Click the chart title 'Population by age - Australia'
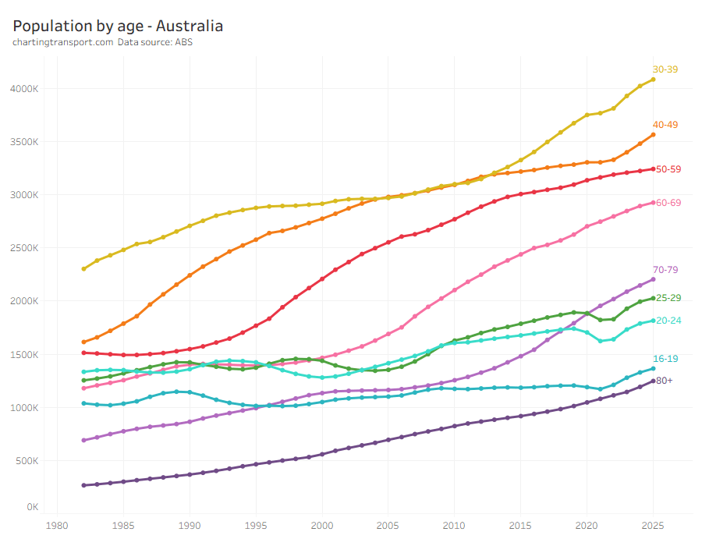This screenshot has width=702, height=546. coord(118,26)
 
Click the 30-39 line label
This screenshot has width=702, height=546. coord(665,69)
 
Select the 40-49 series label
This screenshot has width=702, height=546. coord(665,125)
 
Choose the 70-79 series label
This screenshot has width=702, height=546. coord(665,270)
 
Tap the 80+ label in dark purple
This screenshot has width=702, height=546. coord(665,381)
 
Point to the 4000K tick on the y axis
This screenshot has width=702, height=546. coord(24,89)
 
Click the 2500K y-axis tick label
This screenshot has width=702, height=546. coord(24,248)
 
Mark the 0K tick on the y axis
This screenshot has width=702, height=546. coord(33,507)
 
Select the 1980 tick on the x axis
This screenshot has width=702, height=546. coord(56,525)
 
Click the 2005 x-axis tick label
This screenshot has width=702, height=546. coord(388,525)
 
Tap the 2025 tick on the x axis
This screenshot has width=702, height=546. coord(653,525)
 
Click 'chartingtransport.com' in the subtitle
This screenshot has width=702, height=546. coord(63,42)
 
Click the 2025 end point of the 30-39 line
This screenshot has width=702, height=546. coord(654,80)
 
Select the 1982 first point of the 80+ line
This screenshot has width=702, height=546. coord(83,485)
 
